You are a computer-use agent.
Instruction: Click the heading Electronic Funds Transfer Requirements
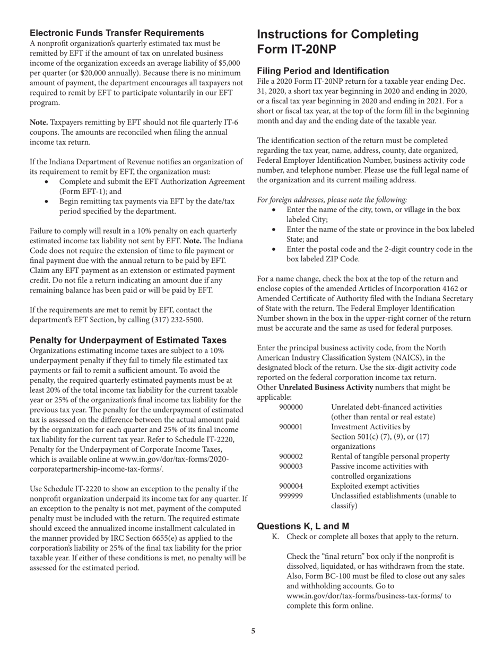(x=117, y=33)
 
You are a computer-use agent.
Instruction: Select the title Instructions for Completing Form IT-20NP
(x=337, y=41)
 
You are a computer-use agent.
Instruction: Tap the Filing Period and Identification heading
(x=323, y=71)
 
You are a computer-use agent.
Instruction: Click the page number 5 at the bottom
(x=253, y=631)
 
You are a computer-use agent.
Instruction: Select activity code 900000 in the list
(x=291, y=407)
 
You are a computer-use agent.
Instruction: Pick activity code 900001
(x=291, y=426)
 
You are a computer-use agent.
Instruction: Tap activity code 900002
(x=291, y=456)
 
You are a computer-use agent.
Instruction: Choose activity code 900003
(x=291, y=466)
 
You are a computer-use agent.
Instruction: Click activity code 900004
(x=291, y=487)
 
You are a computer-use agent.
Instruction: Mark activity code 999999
(x=291, y=497)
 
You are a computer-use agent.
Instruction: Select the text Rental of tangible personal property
(x=390, y=456)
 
